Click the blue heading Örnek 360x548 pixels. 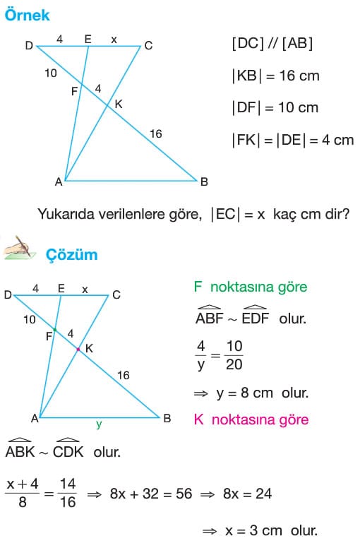(28, 15)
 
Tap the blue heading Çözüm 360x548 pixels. (71, 255)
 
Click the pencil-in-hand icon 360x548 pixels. (20, 248)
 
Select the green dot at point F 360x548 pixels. (55, 330)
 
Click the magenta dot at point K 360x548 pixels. (78, 349)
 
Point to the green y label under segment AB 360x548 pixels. (99, 424)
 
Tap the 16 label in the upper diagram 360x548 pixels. (156, 133)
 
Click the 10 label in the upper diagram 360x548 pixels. (51, 73)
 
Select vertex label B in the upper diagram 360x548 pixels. (204, 181)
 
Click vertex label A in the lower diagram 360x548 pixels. (35, 418)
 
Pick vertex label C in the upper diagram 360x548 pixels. (148, 46)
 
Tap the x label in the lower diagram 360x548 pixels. (85, 290)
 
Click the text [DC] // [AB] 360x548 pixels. (272, 43)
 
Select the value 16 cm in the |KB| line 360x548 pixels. (299, 76)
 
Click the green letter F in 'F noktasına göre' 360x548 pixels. (198, 287)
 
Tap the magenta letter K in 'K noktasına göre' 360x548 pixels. (198, 419)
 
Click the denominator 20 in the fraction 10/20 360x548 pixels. (234, 364)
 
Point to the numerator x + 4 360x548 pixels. (23, 484)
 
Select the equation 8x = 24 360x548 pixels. (248, 494)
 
